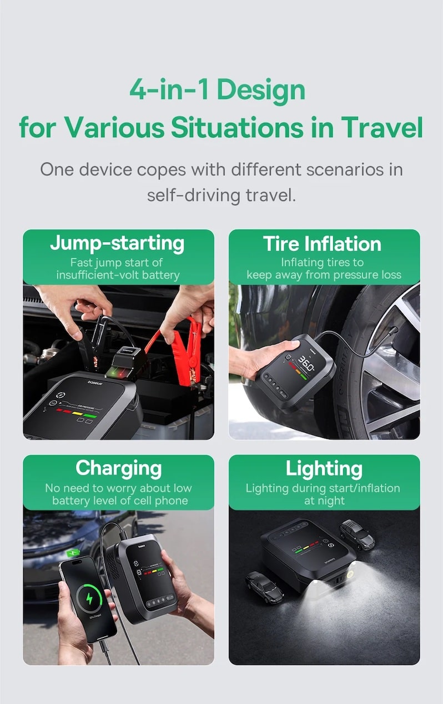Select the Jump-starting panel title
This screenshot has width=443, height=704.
117,244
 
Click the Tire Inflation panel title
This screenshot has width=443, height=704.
323,244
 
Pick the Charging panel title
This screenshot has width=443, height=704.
119,468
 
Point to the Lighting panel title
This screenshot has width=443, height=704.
324,469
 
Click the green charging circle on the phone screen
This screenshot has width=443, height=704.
89,598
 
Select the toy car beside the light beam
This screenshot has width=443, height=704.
264,586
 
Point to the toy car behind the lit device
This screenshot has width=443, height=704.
358,535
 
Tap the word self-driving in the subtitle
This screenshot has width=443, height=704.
194,196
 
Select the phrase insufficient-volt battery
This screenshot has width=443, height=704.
118,275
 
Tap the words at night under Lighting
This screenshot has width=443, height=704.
324,500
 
